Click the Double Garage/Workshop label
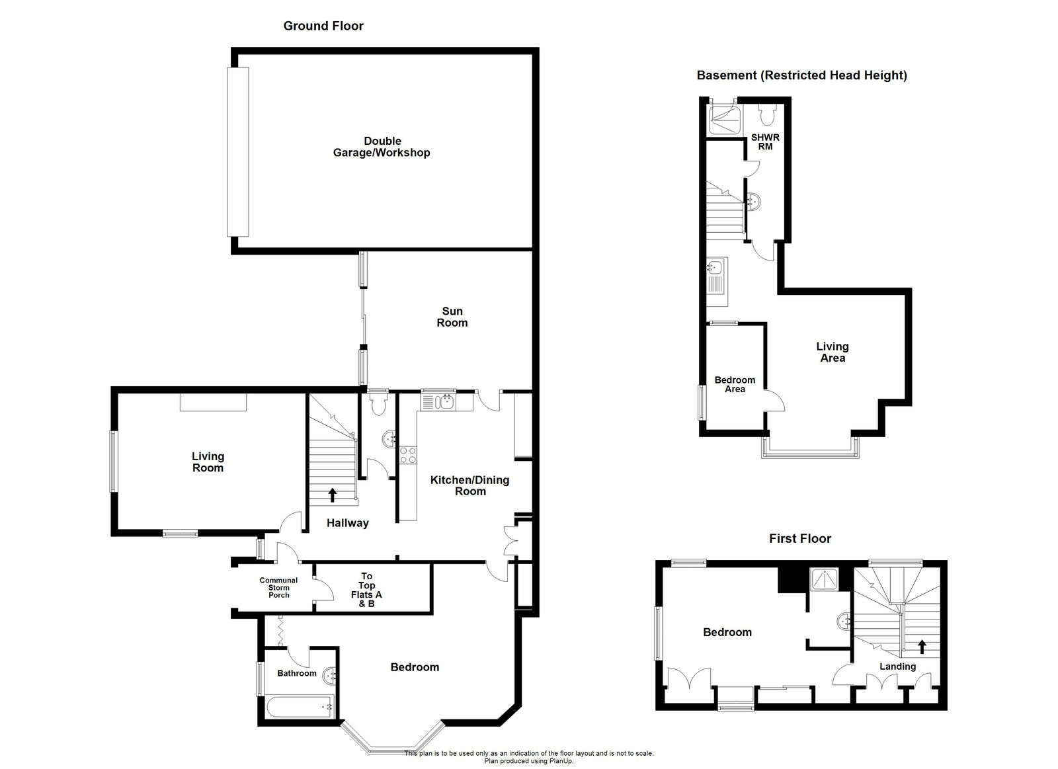382,147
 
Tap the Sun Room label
452,317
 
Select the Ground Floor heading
323,26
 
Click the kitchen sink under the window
436,401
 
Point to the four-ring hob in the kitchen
408,455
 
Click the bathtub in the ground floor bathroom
300,706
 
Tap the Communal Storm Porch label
278,587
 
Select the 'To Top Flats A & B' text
366,590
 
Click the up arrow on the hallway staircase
333,495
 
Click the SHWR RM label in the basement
765,142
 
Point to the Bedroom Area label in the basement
735,384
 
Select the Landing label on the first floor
897,666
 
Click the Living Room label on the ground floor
208,462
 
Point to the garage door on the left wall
239,151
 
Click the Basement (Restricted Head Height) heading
801,75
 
